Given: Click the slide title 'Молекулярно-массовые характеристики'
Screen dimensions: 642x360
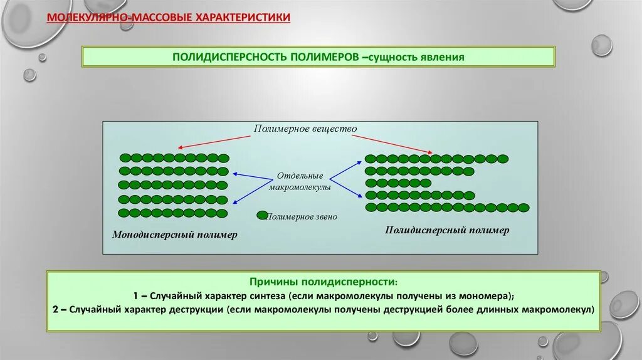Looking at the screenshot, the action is (169, 18).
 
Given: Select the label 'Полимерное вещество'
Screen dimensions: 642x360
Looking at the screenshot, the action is (305, 129).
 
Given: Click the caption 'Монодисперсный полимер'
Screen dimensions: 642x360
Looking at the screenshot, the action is (175, 235).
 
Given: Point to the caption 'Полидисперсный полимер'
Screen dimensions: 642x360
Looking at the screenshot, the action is (447, 230).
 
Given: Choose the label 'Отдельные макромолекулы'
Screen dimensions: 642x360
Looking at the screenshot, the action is (300, 181).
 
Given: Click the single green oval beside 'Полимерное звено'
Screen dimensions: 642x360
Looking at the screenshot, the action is (263, 216).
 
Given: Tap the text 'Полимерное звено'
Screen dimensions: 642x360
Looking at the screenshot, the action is (302, 217).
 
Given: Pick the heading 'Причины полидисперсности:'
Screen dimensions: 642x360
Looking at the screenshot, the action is (324, 283).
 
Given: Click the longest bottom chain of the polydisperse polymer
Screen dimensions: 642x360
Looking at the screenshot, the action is (447, 207).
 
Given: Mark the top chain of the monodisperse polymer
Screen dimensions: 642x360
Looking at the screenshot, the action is (174, 157).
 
